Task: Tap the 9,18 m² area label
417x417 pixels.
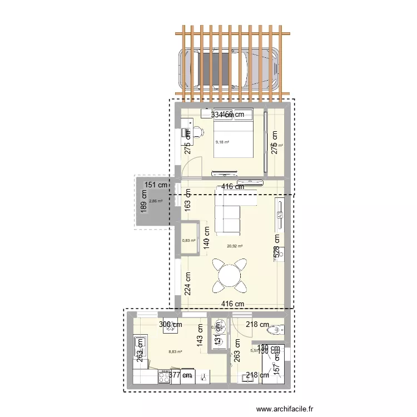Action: pos(222,142)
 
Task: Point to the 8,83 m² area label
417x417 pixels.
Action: pos(176,351)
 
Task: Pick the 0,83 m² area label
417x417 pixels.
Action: pos(188,240)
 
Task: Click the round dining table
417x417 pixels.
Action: pos(229,276)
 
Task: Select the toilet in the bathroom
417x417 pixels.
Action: pos(275,330)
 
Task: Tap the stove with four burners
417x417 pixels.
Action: pos(165,378)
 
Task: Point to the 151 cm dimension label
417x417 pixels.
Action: pos(156,185)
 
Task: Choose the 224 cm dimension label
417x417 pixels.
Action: pos(188,282)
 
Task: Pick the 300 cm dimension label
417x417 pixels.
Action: pos(171,325)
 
